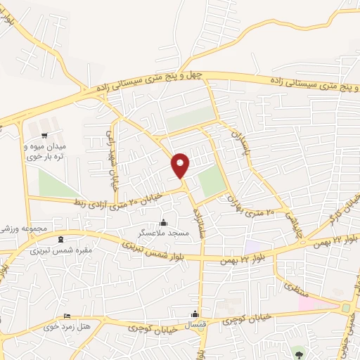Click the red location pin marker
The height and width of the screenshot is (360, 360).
181,165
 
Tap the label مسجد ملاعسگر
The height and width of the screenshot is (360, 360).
164,232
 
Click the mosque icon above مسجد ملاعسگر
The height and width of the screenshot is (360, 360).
164,222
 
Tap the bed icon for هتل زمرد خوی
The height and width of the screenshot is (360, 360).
67,316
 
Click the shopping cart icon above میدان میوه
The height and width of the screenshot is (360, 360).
45,135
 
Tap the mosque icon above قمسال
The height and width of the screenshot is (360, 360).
195,314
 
